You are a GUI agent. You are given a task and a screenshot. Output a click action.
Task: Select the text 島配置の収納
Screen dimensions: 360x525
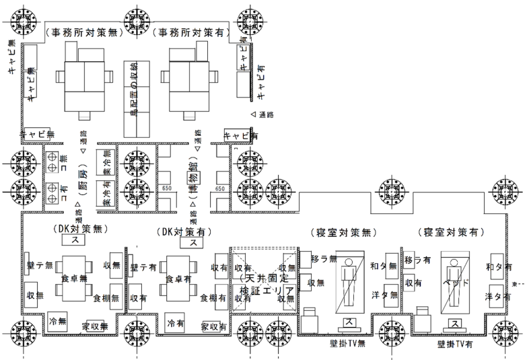133,92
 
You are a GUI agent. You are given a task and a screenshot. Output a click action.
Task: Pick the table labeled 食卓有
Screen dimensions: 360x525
178,277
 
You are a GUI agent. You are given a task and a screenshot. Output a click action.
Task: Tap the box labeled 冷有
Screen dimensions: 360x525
176,323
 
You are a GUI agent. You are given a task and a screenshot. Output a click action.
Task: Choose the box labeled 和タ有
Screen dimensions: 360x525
495,267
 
